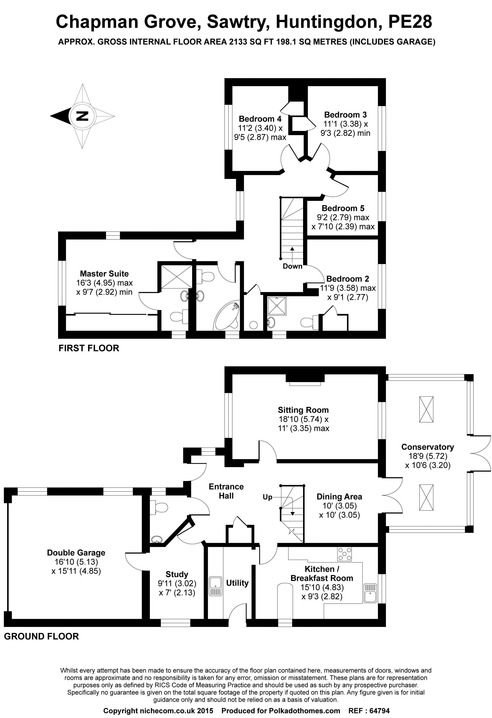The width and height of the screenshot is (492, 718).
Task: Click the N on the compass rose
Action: pyautogui.click(x=82, y=116)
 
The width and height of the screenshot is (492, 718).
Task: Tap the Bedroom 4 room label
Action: pyautogui.click(x=260, y=119)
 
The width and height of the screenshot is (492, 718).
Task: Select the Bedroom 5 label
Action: pyautogui.click(x=343, y=208)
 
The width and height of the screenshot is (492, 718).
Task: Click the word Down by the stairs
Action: pyautogui.click(x=292, y=266)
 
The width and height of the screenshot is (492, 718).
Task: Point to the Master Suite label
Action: pyautogui.click(x=104, y=274)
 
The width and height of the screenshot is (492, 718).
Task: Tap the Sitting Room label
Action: pyautogui.click(x=303, y=410)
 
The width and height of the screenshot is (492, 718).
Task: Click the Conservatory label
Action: pyautogui.click(x=428, y=447)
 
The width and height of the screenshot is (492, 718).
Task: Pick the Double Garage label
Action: pyautogui.click(x=76, y=553)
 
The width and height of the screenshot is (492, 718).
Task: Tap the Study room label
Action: pyautogui.click(x=177, y=574)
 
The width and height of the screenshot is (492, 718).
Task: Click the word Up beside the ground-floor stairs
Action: pyautogui.click(x=267, y=497)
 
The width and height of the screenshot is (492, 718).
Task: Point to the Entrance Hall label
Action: pyautogui.click(x=226, y=491)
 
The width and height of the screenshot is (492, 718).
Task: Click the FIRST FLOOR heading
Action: pyautogui.click(x=89, y=349)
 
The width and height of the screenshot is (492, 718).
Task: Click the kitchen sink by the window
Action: pyautogui.click(x=370, y=593)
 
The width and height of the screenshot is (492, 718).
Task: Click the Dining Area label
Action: pyautogui.click(x=339, y=496)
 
